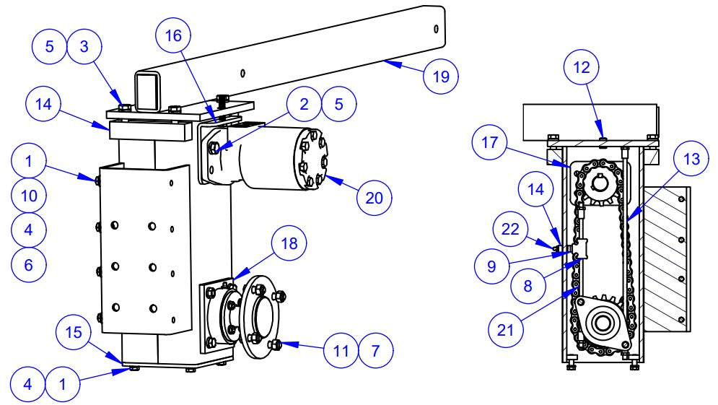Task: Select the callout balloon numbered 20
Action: point(374,196)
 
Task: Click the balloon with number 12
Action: point(582,69)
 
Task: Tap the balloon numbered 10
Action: point(29,195)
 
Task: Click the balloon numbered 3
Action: point(84,48)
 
